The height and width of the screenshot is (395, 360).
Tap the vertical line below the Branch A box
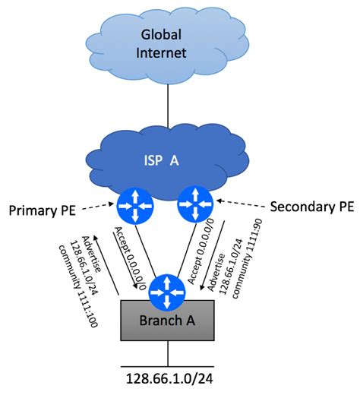pos(167,353)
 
